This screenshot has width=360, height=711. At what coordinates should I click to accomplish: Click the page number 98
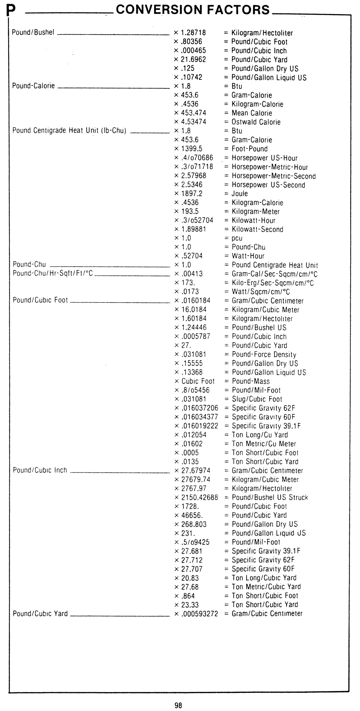(178, 705)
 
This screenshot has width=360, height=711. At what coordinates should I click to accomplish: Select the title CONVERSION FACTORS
(193, 10)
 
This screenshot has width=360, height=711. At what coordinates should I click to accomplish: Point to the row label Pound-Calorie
(33, 86)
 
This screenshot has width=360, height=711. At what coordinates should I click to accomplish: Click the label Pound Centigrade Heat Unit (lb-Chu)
(69, 131)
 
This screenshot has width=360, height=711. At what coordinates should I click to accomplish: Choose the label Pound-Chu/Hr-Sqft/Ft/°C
(53, 273)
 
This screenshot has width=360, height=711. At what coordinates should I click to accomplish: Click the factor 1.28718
(193, 33)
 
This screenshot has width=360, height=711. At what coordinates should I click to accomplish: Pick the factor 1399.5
(192, 149)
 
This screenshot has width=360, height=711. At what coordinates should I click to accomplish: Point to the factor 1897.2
(192, 193)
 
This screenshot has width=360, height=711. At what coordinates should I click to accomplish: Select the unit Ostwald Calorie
(256, 122)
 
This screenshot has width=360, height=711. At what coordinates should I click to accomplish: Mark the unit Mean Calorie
(252, 113)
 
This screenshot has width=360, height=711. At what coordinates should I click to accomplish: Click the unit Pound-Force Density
(264, 354)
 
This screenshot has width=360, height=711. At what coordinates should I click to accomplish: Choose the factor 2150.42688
(199, 497)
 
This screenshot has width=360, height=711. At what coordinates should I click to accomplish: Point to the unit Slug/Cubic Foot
(257, 399)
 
